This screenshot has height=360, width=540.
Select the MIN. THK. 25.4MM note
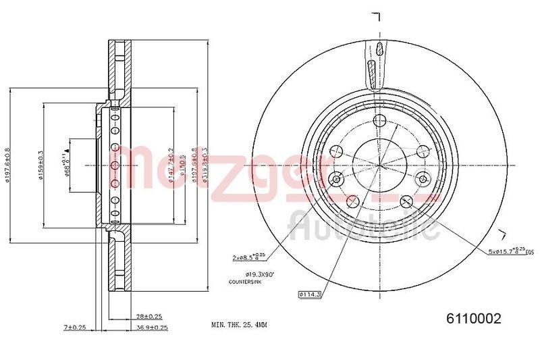240,325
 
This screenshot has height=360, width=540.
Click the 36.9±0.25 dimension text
151,328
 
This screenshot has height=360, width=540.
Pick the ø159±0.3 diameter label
41,165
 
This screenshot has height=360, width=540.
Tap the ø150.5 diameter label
182,165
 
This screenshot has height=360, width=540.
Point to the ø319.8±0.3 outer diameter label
203,165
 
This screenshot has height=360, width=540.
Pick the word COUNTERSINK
245,282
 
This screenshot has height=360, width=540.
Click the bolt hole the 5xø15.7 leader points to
406,201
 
